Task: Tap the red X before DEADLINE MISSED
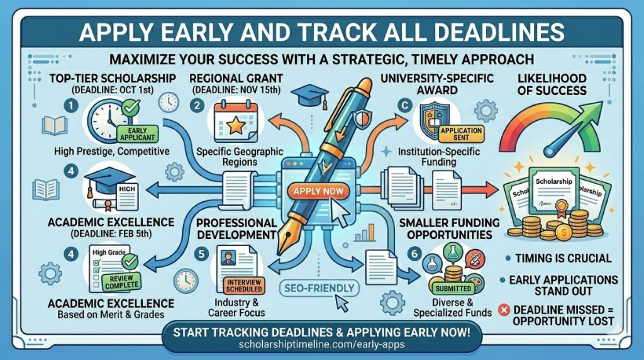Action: (502, 309)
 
